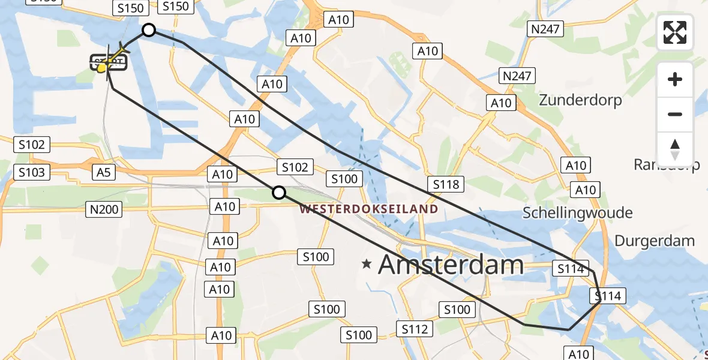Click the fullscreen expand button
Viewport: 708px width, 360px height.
click(x=675, y=32)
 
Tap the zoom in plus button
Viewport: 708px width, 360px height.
click(x=675, y=79)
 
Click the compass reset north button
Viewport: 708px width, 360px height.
click(x=675, y=149)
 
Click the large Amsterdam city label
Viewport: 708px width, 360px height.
click(x=451, y=264)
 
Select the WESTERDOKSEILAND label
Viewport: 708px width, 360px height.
click(x=368, y=209)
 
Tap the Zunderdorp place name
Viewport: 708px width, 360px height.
click(x=580, y=100)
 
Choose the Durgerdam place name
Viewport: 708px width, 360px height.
click(x=655, y=241)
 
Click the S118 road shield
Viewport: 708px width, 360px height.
click(x=445, y=184)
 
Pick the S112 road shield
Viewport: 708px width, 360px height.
click(x=415, y=329)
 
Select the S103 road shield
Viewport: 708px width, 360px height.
click(x=32, y=173)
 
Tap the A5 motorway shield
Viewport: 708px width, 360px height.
click(x=103, y=173)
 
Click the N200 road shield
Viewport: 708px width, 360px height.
click(x=104, y=209)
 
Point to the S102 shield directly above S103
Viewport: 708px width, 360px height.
click(x=32, y=145)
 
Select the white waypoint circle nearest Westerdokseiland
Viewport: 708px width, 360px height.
click(x=279, y=193)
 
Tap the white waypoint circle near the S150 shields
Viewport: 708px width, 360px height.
click(x=148, y=30)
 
